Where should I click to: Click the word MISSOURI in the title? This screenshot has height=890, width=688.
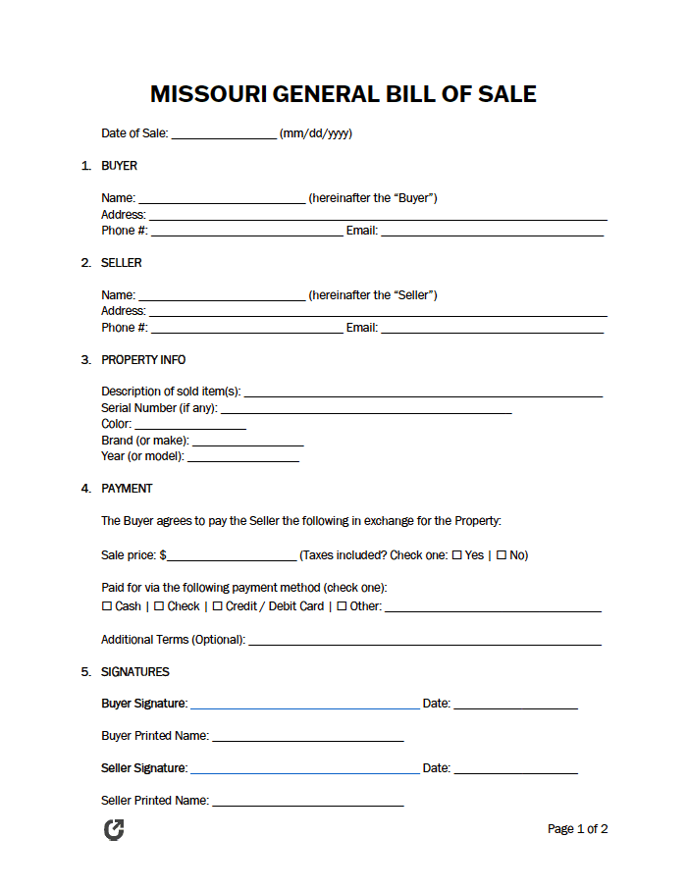207,94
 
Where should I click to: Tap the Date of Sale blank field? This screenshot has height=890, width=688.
224,134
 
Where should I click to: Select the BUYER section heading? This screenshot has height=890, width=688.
119,166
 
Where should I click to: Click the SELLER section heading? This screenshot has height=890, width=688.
121,263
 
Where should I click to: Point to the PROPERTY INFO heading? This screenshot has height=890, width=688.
143,360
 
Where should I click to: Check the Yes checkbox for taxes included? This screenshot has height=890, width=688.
456,555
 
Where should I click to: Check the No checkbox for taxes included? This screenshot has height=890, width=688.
502,555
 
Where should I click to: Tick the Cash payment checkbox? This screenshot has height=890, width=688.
107,606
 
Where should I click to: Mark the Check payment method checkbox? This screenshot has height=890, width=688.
159,606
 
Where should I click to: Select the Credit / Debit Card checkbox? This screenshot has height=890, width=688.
217,606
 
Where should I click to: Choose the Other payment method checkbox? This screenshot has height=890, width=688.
342,606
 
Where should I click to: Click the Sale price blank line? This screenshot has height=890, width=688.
232,556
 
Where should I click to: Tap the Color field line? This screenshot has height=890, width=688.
189,426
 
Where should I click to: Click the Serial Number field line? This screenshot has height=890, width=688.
366,409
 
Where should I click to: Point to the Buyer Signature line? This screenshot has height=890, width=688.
304,705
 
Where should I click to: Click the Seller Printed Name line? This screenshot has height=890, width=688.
308,802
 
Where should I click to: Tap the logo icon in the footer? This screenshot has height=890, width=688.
114,830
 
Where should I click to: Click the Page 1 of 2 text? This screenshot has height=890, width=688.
577,829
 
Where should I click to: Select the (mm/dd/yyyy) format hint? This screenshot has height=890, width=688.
316,133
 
